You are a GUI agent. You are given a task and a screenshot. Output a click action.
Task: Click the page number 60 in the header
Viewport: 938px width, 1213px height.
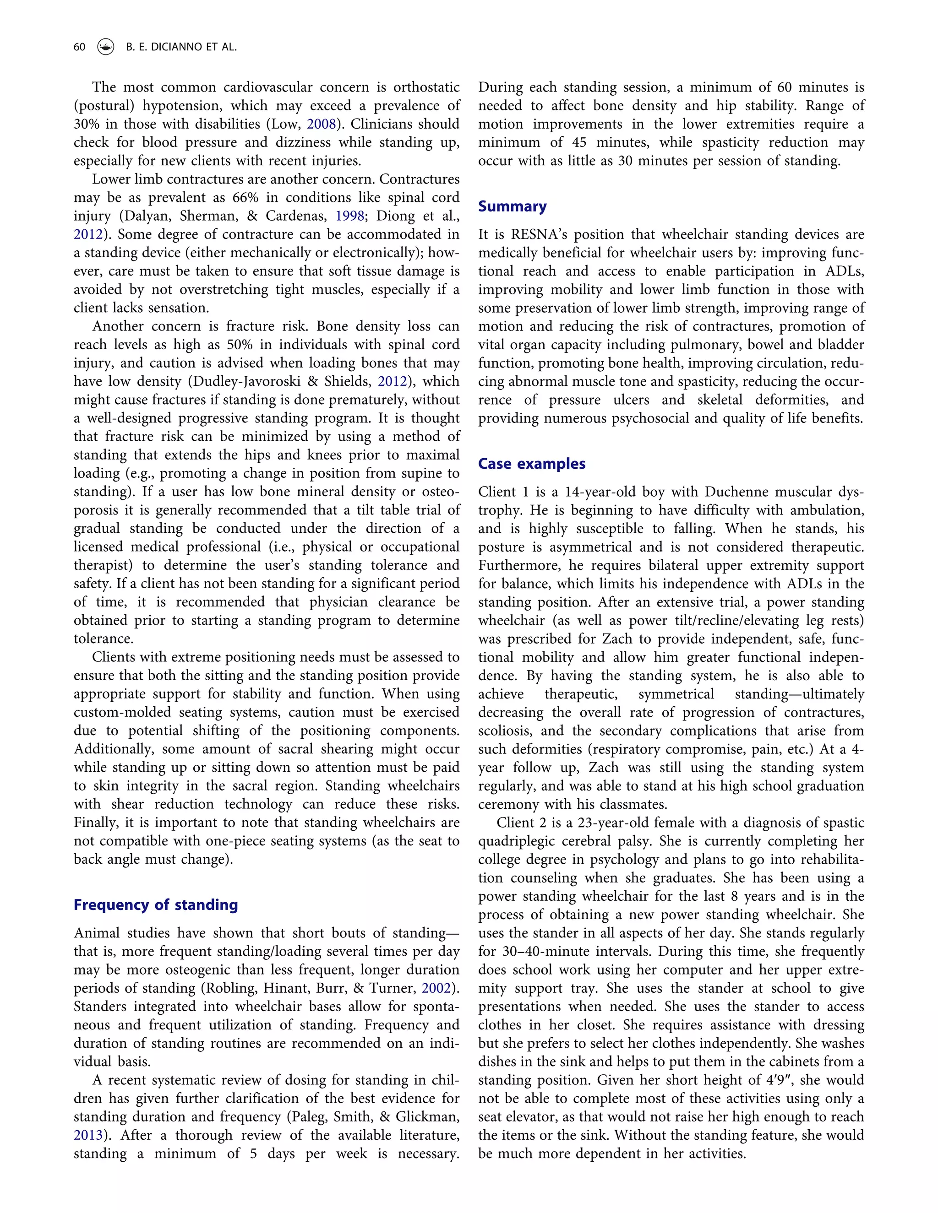[x=79, y=47]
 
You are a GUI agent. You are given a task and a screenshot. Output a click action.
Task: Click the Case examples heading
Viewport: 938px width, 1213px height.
[x=531, y=464]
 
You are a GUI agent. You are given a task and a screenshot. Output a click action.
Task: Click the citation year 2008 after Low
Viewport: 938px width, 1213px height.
[x=321, y=124]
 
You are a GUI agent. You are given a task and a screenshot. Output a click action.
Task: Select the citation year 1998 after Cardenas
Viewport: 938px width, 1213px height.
[x=349, y=216]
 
